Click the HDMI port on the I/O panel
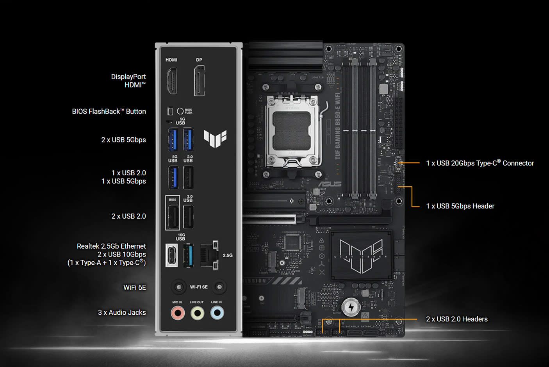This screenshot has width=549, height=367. click(x=172, y=81)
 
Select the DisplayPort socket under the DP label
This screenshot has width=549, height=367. click(x=199, y=81)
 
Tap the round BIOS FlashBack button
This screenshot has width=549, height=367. click(x=180, y=111)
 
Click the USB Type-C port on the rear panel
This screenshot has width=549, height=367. click(x=172, y=255)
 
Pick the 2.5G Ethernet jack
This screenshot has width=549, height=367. click(x=209, y=255)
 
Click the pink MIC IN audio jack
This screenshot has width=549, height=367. click(x=178, y=313)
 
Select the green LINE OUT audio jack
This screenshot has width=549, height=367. click(x=197, y=313)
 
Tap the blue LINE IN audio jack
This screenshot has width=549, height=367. click(x=217, y=313)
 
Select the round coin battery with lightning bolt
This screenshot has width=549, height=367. click(x=351, y=307)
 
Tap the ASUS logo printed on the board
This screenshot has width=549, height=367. click(x=330, y=184)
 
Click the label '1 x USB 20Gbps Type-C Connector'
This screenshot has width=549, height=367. click(x=480, y=163)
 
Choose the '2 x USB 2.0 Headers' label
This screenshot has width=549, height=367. click(x=457, y=319)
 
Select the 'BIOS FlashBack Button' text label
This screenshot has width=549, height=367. click(x=109, y=112)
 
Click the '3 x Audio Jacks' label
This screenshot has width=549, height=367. click(x=122, y=313)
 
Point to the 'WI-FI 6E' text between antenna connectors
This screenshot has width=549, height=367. click(x=199, y=287)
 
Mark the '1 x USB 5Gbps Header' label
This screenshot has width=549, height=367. click(x=460, y=206)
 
